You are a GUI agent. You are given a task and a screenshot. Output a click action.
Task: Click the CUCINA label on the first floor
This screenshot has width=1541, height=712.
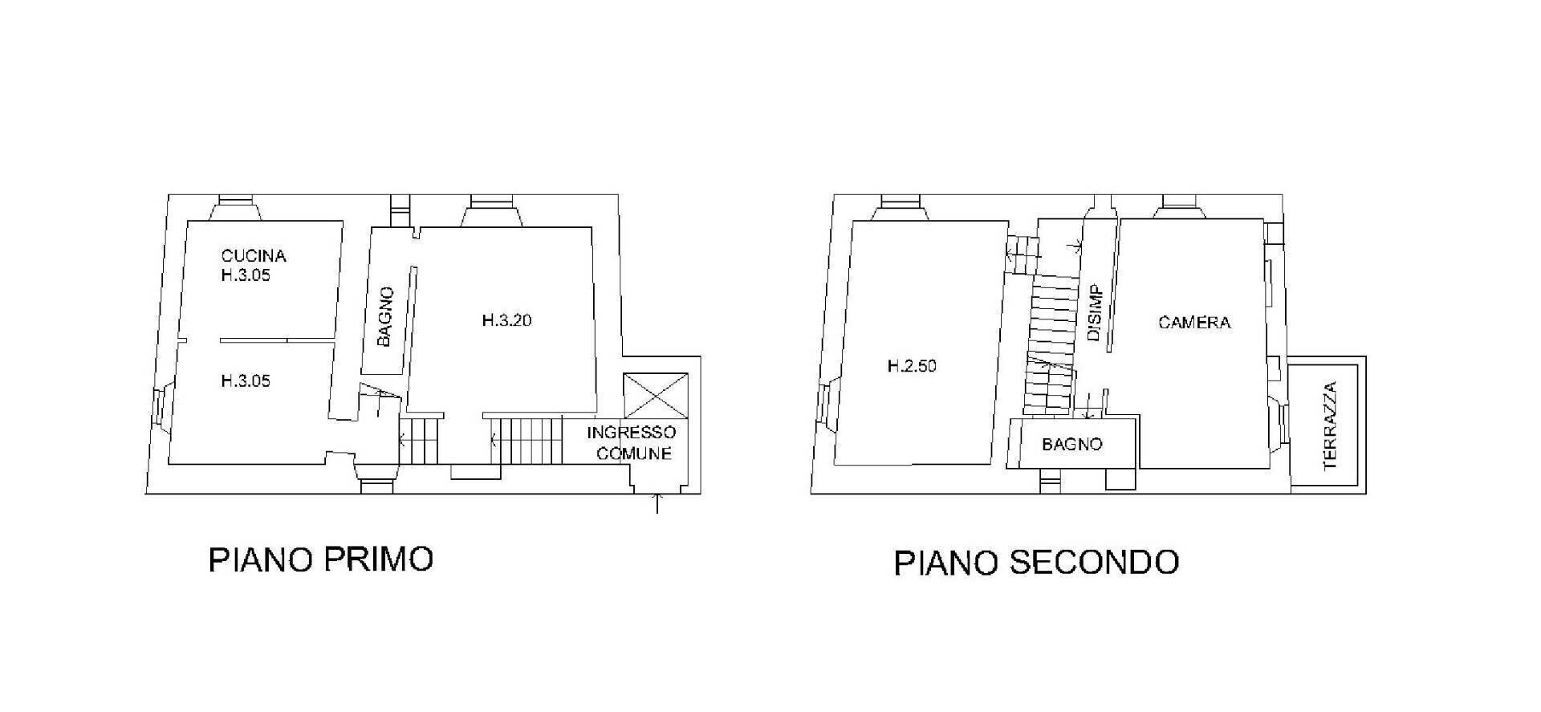click(254, 256)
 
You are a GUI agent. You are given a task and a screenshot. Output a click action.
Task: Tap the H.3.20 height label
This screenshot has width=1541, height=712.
click(506, 320)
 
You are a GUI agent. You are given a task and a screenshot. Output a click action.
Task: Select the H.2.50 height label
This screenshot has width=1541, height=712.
click(912, 366)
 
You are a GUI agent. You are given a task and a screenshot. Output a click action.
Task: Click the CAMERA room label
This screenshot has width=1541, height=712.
click(1194, 323)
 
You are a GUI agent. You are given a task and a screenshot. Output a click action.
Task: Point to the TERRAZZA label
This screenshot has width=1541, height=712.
click(1330, 425)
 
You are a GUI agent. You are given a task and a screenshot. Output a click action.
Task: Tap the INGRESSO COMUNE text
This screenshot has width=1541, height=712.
click(631, 442)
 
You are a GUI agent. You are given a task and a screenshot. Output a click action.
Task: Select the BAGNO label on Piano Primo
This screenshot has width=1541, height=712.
click(384, 316)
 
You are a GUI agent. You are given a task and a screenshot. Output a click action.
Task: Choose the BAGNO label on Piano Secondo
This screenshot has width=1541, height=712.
click(1072, 444)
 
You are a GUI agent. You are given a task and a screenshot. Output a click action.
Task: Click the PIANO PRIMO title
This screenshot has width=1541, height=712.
click(321, 559)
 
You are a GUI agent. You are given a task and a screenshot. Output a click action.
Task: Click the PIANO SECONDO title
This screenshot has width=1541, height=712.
click(1036, 563)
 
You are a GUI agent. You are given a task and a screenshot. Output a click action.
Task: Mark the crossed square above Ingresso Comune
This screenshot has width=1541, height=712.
click(656, 395)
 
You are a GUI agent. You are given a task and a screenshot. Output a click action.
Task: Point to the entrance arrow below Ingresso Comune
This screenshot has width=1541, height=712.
click(658, 503)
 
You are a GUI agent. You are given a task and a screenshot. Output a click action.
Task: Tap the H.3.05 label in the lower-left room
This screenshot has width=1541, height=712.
click(246, 380)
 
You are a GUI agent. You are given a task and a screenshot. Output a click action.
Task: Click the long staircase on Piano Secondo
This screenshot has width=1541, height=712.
click(1050, 344)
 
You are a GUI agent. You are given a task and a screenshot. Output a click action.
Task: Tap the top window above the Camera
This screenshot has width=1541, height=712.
click(1180, 207)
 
